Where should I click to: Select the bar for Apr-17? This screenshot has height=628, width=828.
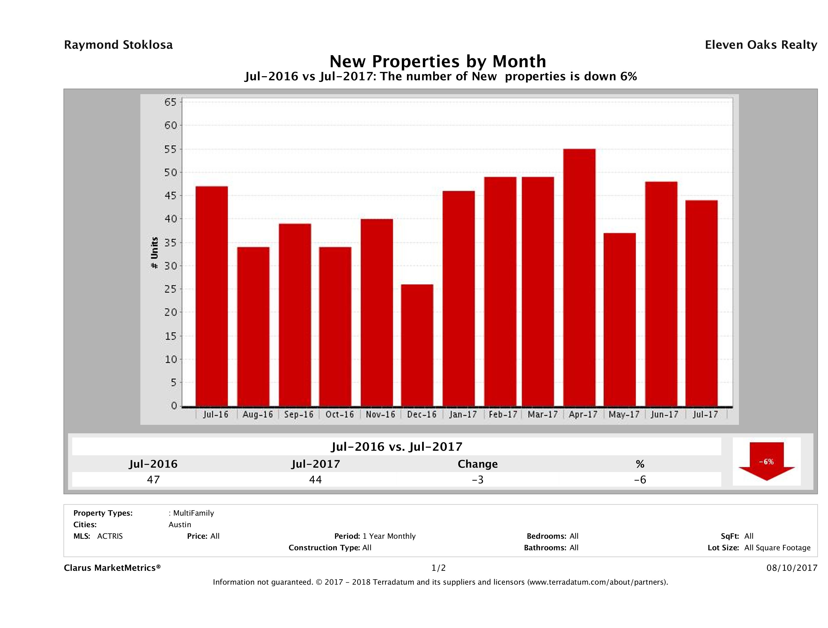click(579, 277)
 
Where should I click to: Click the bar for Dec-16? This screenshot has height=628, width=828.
click(417, 345)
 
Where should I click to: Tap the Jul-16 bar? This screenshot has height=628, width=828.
click(211, 296)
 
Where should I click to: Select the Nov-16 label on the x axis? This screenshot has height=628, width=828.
click(380, 414)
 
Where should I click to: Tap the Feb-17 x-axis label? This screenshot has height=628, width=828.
click(503, 414)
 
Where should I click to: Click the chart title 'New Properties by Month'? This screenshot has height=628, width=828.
click(437, 61)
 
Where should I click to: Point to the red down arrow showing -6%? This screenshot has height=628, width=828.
click(766, 461)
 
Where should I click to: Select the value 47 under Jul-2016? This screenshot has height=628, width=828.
click(153, 479)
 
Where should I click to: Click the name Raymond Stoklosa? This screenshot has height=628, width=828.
click(118, 45)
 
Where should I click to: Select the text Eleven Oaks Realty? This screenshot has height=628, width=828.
click(761, 45)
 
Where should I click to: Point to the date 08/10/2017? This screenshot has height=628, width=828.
click(792, 568)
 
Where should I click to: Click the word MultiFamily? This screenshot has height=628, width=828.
click(193, 513)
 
